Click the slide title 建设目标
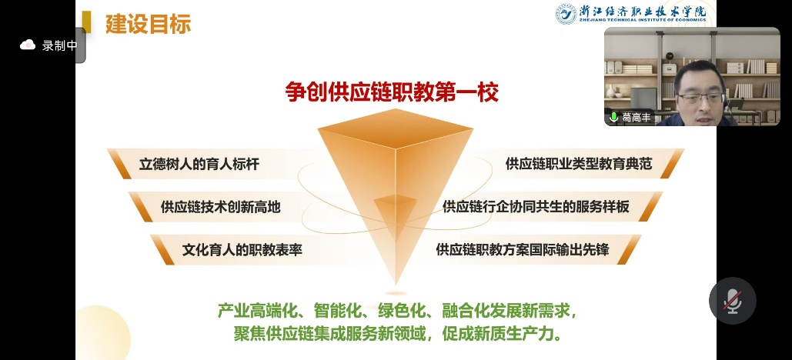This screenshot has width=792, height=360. (148, 23)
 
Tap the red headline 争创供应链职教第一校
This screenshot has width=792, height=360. (392, 92)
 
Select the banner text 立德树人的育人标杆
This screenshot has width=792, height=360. (199, 164)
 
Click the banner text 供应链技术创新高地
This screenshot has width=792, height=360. (220, 207)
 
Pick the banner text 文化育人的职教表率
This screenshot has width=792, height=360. (242, 250)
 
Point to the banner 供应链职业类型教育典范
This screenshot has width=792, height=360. (578, 164)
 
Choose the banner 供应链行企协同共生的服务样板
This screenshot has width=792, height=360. (536, 206)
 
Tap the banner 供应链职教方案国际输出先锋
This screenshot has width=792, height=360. (523, 249)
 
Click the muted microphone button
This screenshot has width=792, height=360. (733, 301)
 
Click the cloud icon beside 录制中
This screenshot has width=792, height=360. (27, 45)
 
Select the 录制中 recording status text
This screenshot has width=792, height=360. (59, 45)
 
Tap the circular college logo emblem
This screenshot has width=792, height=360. (566, 14)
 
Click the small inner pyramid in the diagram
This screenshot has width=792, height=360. (395, 212)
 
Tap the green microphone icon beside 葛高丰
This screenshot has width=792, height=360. (613, 118)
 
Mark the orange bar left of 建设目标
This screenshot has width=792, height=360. (86, 23)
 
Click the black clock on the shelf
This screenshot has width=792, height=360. (670, 56)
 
